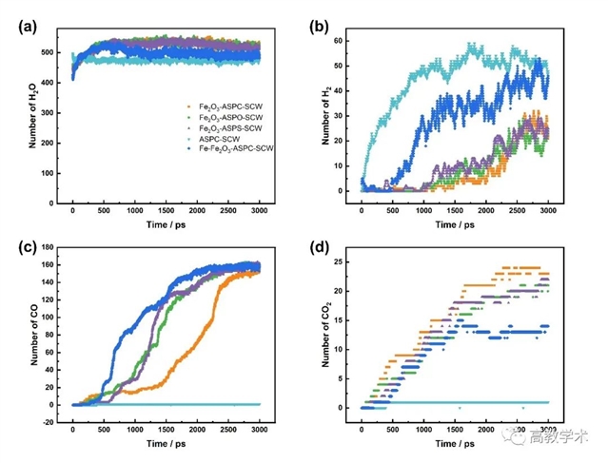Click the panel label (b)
pos(322,26)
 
